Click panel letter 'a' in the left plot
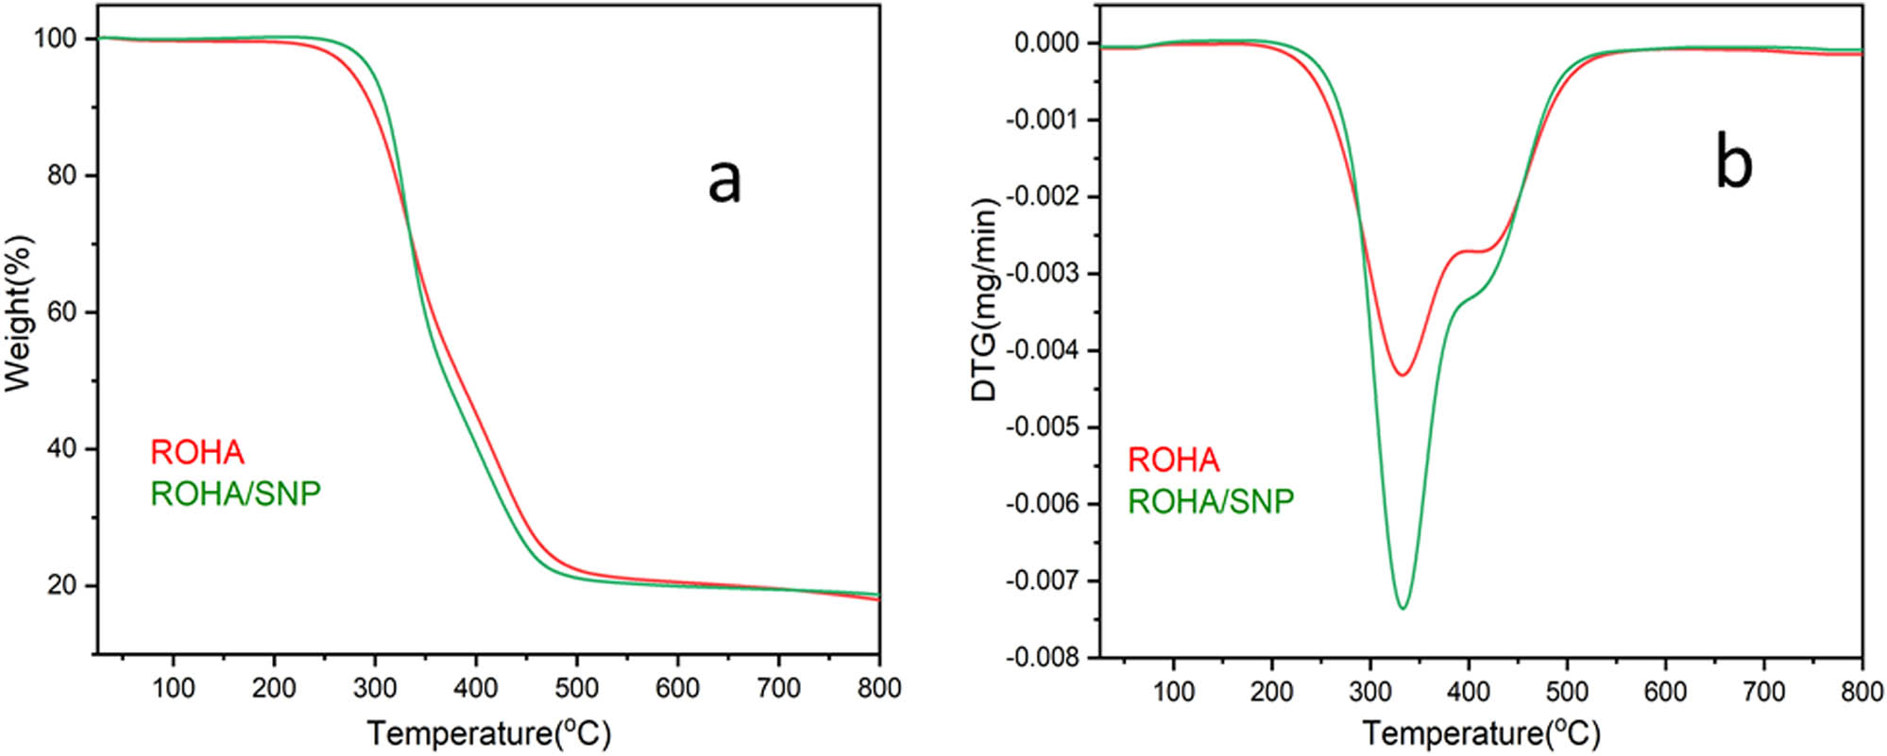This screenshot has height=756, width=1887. coord(724,182)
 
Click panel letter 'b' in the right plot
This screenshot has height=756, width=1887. coord(1734,165)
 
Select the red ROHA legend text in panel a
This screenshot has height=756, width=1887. coord(197,453)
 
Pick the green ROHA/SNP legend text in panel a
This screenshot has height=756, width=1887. coord(236,494)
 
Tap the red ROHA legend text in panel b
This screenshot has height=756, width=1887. coord(1174,461)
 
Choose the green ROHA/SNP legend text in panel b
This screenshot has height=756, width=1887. coord(1211,501)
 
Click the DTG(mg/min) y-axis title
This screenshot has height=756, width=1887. coord(984,300)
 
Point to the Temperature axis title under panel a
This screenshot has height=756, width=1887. coord(488,733)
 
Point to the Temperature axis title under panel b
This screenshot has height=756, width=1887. coord(1481,733)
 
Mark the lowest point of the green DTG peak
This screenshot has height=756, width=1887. coord(1402,608)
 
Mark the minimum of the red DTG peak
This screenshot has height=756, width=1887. coord(1403,375)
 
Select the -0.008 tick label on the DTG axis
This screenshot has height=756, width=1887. coord(1045,658)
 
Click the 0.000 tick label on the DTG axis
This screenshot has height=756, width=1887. coord(1049,43)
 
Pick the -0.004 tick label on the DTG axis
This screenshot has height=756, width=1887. coord(1045,351)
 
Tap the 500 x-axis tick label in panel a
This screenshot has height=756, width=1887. coord(576,689)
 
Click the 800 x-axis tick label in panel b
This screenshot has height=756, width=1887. coord(1861,692)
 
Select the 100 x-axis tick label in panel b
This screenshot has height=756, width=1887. coord(1173,692)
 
